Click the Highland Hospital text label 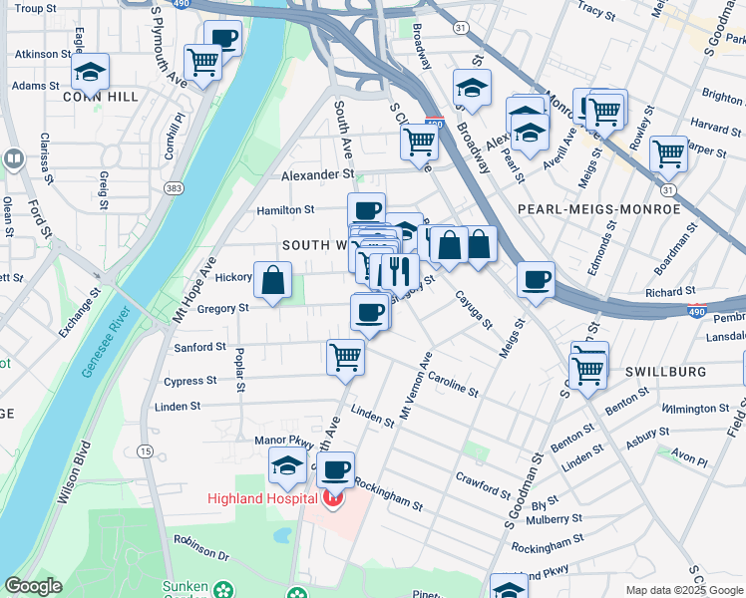[x=261, y=498]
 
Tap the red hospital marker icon [x=332, y=496]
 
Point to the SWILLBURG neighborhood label [x=665, y=372]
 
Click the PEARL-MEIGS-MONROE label [x=598, y=209]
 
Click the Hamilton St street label [x=285, y=210]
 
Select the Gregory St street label [x=221, y=309]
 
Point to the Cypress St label [x=189, y=381]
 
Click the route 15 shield [x=145, y=451]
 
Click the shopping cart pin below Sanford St [x=345, y=356]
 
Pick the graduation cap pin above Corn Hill [x=90, y=72]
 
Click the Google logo [x=34, y=586]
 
